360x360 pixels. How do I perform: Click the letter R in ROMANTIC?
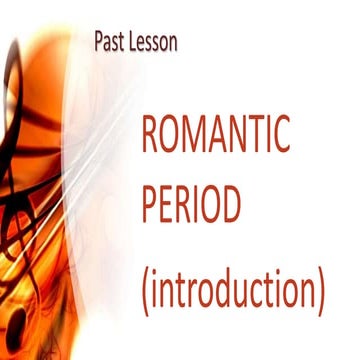click(x=147, y=134)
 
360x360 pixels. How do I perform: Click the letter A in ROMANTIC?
click(x=220, y=134)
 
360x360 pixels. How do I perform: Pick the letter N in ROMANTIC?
click(x=242, y=134)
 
